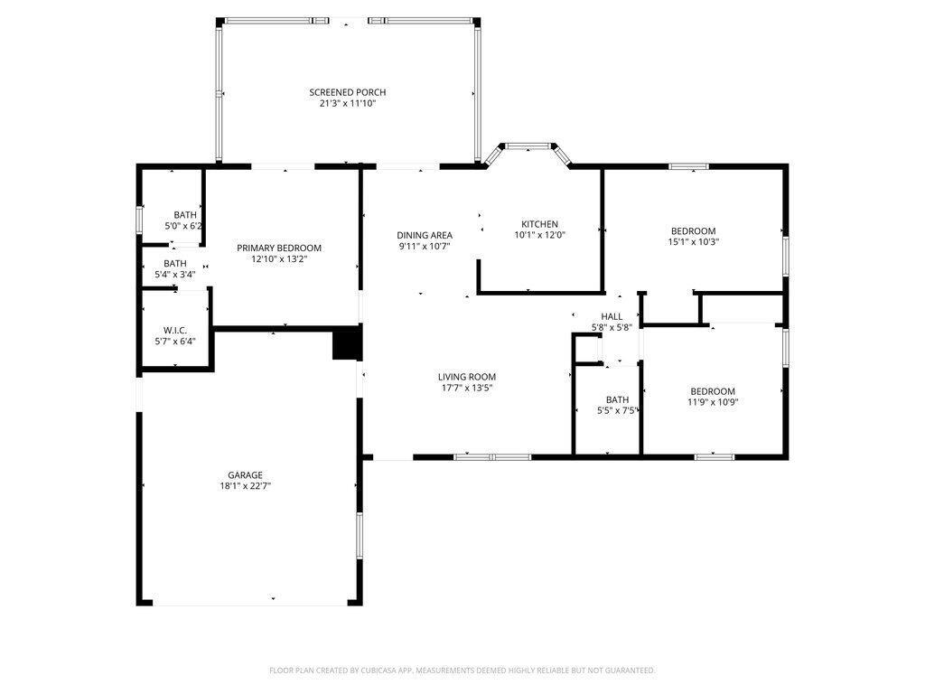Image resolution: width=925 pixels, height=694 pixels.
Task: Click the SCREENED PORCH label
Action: point(347,92)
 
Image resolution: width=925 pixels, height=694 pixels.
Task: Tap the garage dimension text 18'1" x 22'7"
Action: point(245,486)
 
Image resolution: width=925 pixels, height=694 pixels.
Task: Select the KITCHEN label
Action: point(539,224)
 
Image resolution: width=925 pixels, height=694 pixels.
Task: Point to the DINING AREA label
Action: point(424,235)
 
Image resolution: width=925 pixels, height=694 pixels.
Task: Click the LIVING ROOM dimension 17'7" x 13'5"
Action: point(467,388)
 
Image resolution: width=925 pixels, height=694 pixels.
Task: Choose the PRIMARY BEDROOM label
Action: point(279,248)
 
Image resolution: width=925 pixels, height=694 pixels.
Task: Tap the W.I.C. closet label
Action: point(174,329)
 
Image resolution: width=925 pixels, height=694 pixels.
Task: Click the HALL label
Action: point(612,316)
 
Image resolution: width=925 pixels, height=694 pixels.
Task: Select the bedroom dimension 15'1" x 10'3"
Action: point(693,241)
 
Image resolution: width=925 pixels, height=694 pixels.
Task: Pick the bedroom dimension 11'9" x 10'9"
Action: point(713,402)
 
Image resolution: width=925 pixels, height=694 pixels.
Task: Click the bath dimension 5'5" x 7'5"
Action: point(618,410)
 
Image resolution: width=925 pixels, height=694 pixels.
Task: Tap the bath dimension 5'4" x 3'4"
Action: point(174,274)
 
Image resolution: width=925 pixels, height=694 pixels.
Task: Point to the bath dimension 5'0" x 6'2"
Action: point(184,225)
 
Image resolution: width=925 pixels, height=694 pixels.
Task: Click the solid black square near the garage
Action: point(347,344)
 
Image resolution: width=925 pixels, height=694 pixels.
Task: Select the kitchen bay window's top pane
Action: point(529,145)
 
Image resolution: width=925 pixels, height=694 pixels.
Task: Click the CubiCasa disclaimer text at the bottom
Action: point(462,671)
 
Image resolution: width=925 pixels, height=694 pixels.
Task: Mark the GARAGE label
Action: point(245,474)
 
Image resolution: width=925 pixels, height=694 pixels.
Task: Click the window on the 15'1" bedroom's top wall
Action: point(688,166)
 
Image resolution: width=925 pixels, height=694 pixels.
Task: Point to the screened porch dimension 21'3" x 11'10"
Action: point(347,103)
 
